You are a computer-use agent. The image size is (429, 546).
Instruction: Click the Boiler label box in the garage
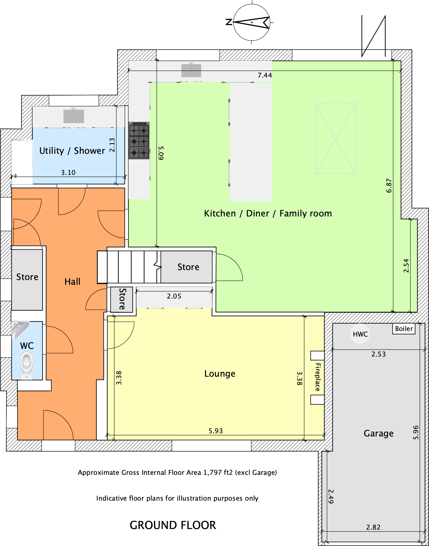(x=404, y=329)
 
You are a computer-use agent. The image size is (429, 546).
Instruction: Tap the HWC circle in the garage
(x=360, y=334)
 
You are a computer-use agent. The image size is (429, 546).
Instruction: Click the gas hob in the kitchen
(x=139, y=141)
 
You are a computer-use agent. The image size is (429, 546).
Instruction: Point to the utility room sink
(x=74, y=116)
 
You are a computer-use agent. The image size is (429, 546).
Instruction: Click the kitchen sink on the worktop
(x=191, y=70)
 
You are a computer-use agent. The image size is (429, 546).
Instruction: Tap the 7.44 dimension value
(x=265, y=76)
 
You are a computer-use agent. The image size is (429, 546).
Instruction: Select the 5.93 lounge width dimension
(x=216, y=431)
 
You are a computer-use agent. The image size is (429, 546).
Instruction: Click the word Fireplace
(x=318, y=377)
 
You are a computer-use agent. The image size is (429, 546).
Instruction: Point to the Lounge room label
(x=220, y=374)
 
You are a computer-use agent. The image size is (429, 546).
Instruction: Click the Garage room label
(x=379, y=433)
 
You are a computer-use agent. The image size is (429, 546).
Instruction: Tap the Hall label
(x=72, y=281)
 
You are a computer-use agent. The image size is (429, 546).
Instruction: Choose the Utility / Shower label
(x=72, y=151)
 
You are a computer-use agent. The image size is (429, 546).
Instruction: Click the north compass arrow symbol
(x=252, y=22)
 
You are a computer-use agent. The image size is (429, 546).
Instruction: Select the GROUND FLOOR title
(x=173, y=525)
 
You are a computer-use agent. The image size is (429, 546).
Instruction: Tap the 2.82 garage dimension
(x=373, y=527)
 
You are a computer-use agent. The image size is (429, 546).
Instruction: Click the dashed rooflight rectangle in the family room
(x=336, y=139)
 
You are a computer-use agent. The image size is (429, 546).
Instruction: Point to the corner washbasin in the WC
(x=20, y=330)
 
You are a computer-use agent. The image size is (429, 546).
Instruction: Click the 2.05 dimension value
(x=174, y=296)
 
